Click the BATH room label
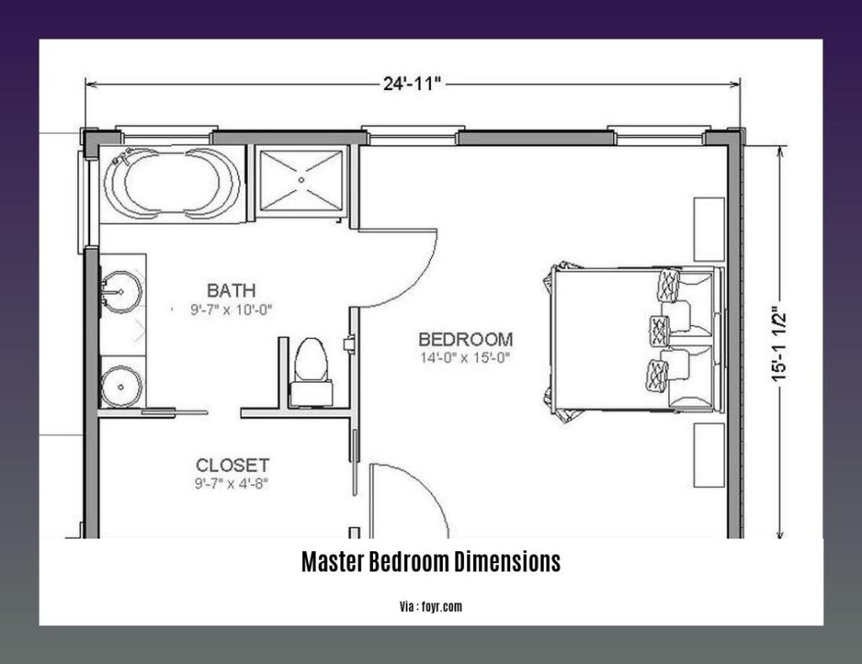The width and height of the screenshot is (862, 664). [x=231, y=291]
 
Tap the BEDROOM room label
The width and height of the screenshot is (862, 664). [x=466, y=339]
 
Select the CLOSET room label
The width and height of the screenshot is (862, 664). [x=232, y=465]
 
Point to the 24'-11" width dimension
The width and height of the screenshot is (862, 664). [x=413, y=82]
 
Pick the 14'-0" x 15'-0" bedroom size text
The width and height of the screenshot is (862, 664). [x=466, y=357]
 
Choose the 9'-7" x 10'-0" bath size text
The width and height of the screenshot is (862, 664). [x=231, y=309]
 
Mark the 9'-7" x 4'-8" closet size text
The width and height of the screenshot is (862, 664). [x=232, y=483]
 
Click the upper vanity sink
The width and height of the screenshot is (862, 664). [x=120, y=292]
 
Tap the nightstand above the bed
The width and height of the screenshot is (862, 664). [x=709, y=228]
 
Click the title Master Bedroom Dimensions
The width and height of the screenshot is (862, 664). [x=430, y=562]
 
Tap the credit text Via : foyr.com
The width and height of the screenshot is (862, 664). [x=430, y=605]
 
